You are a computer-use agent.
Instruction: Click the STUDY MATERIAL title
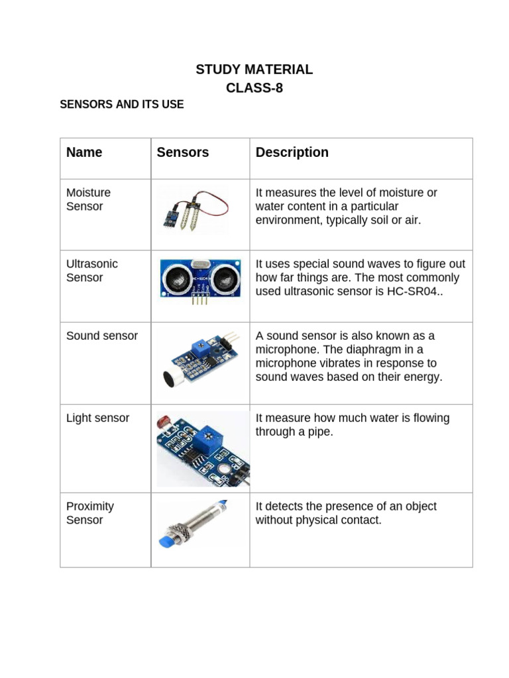pos(254,70)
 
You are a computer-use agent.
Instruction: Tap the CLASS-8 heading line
pos(254,87)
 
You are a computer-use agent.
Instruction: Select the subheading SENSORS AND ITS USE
pos(121,105)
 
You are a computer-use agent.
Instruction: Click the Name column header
pos(84,152)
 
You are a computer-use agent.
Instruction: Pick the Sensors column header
pos(182,152)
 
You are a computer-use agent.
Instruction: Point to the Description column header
pos(292,152)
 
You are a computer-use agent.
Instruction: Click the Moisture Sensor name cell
pos(88,199)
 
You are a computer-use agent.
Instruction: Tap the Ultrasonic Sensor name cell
pos(91,270)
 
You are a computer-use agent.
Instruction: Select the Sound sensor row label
pos(101,336)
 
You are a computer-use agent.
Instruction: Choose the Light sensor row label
pos(97,418)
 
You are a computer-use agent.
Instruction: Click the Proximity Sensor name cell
pos(89,513)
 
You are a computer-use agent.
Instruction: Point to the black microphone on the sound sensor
pos(170,377)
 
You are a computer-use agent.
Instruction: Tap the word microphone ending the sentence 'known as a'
pos(285,350)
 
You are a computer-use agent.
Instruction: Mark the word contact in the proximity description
pos(361,520)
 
